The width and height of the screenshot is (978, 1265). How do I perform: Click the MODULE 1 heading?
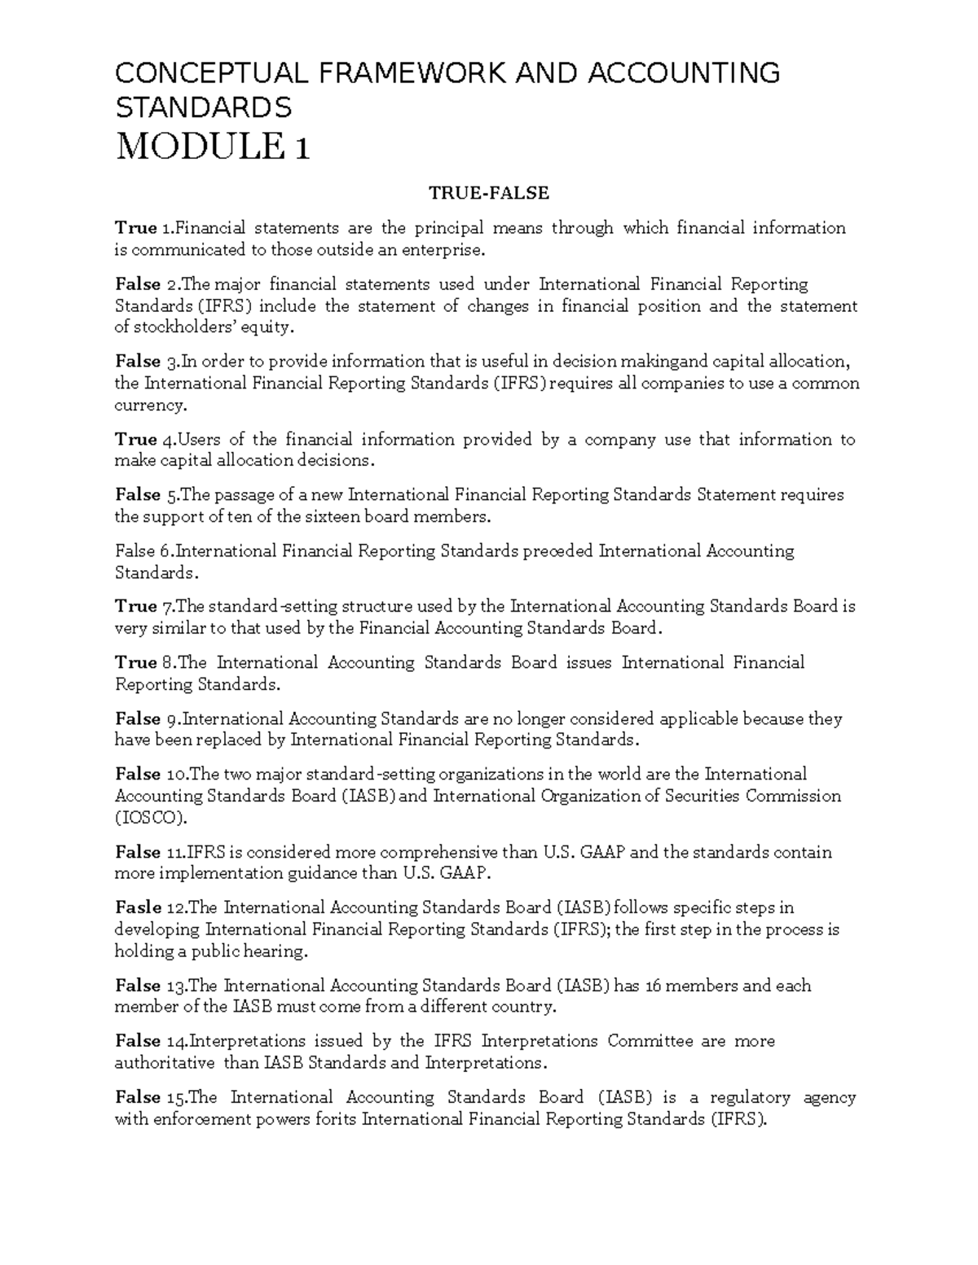pyautogui.click(x=213, y=147)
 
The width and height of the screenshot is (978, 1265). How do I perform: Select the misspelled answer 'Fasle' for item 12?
pyautogui.click(x=138, y=907)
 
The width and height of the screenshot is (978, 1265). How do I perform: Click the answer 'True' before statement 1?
pyautogui.click(x=135, y=228)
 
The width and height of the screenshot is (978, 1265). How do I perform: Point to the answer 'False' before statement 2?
pyautogui.click(x=138, y=284)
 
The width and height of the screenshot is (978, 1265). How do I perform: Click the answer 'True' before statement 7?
pyautogui.click(x=135, y=606)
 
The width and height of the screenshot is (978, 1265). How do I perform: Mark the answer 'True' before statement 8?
pyautogui.click(x=135, y=662)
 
